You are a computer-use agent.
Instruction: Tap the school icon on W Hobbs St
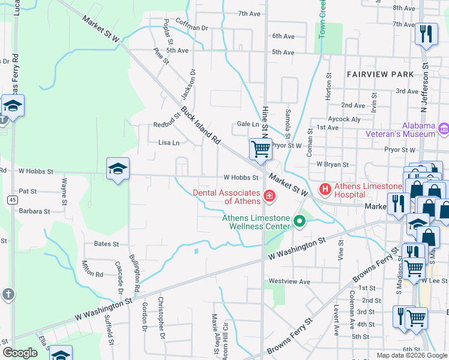click(x=118, y=169)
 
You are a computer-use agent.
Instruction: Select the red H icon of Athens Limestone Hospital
click(x=325, y=190)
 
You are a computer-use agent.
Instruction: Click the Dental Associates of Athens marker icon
click(x=270, y=195)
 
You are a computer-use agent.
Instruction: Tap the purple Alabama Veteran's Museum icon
click(x=444, y=128)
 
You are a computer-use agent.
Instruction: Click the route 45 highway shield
click(x=12, y=199)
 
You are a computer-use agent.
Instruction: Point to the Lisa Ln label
click(x=169, y=143)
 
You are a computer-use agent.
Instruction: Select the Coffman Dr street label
click(x=191, y=28)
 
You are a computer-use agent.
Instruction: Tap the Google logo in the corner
click(x=20, y=353)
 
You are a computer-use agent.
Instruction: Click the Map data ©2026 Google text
click(x=411, y=355)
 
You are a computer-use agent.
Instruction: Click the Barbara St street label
click(x=34, y=211)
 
